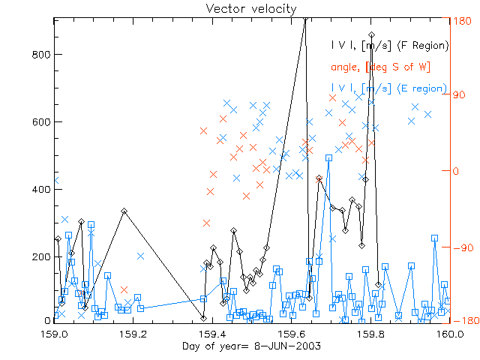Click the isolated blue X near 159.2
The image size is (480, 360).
coord(140,256)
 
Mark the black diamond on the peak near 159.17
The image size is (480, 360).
coord(124,211)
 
